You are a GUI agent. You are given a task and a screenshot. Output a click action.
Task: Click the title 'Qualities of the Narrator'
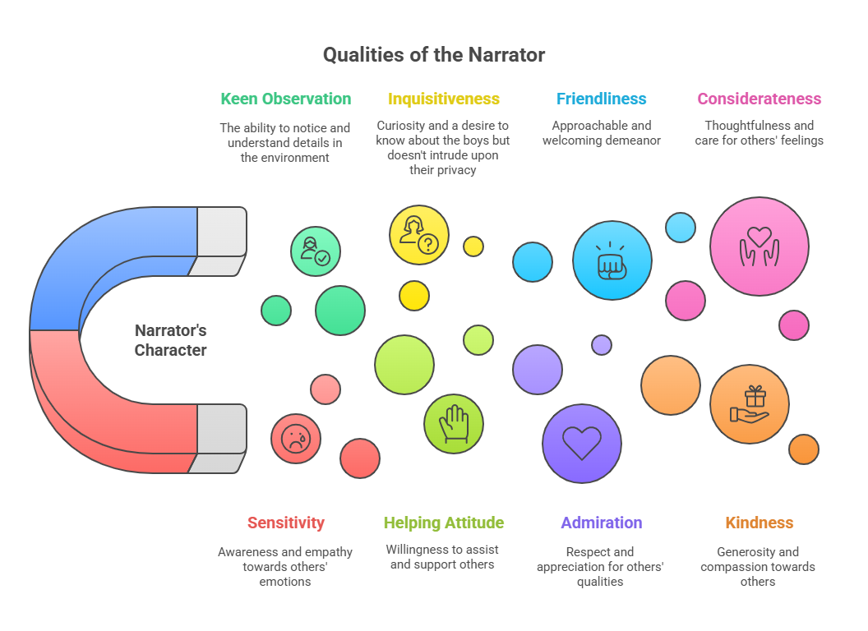(433, 55)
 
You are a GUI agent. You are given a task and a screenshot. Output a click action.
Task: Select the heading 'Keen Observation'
(285, 99)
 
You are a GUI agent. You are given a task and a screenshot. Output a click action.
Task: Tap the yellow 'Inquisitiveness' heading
(443, 99)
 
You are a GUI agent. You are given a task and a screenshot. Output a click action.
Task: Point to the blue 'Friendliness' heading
(601, 99)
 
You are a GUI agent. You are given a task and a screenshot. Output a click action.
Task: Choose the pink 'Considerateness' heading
(759, 99)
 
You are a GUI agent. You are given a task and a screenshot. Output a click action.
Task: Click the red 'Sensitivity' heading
(285, 523)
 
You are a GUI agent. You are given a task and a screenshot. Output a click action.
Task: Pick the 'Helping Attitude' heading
(443, 523)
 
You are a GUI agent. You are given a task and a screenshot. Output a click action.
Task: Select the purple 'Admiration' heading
(601, 523)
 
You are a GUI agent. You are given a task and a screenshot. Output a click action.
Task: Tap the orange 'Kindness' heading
(759, 523)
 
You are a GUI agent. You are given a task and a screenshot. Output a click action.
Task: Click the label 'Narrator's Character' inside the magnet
(170, 340)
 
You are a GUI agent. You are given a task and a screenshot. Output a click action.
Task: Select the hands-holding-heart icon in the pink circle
(759, 246)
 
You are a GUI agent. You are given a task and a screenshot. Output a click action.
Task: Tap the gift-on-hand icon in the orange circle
(749, 404)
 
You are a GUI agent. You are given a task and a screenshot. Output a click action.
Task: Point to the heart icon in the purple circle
(581, 444)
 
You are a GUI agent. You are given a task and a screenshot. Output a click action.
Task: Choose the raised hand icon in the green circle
(453, 424)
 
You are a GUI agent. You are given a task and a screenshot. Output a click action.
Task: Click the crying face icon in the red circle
(295, 439)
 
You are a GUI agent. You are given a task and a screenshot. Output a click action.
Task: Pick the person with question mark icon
(418, 235)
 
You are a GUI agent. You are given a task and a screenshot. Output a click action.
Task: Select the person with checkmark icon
(315, 251)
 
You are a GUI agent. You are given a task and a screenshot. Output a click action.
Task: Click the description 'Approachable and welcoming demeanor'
(601, 133)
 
